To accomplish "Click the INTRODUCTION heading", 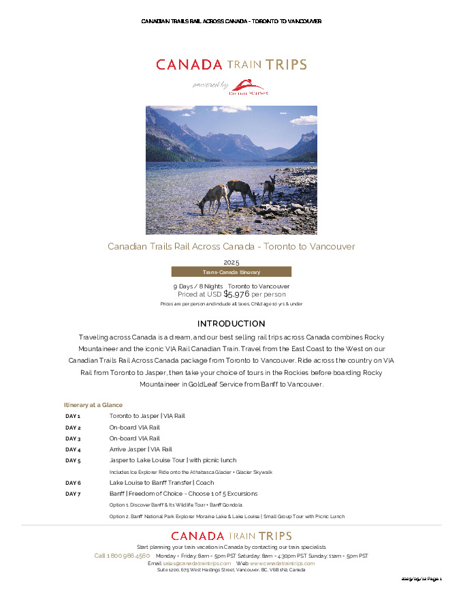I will (x=231, y=323).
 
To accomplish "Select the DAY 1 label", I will (x=73, y=416).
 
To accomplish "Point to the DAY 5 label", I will (x=73, y=461).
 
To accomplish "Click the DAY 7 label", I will (x=73, y=494).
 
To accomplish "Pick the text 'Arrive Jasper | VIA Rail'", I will (x=140, y=450).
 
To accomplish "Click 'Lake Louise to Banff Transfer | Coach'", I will (x=161, y=483).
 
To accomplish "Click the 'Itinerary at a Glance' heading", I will (x=93, y=405).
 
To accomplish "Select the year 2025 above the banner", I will (x=231, y=262).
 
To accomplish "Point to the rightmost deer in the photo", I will (x=270, y=187).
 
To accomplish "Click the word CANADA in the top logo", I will (x=189, y=65).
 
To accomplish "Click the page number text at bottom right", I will (x=421, y=579).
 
